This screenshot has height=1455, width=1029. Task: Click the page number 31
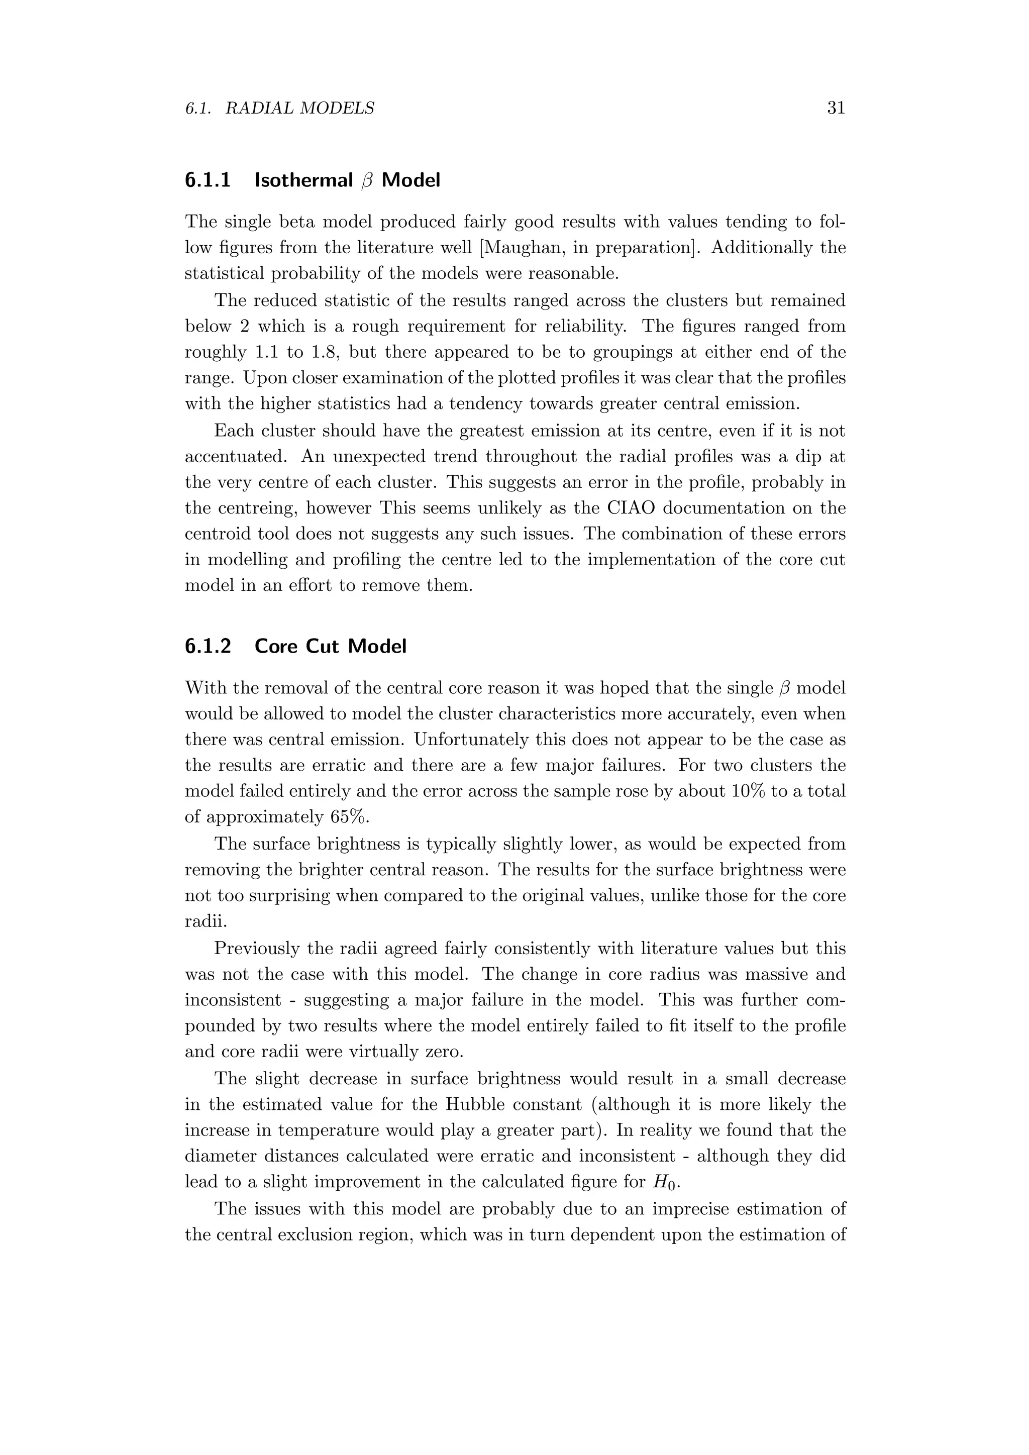[836, 109]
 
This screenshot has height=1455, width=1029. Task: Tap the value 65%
[349, 817]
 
